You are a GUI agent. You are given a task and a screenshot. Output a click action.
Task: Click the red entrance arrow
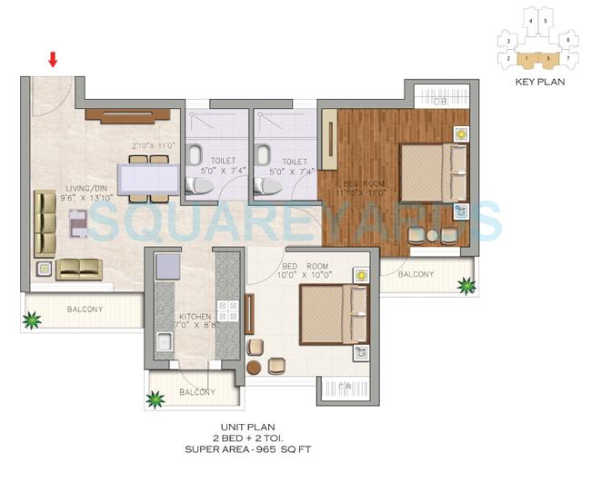(54, 60)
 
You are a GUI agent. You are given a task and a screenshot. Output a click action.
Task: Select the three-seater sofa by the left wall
(43, 222)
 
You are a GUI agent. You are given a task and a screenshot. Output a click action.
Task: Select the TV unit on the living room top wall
(127, 115)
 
